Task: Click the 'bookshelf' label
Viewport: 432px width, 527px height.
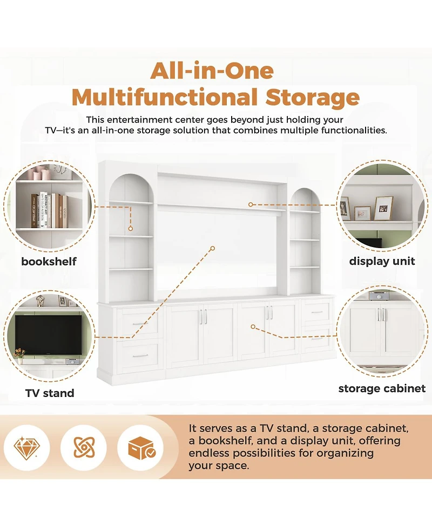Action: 49,262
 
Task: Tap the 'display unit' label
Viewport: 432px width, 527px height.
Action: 382,261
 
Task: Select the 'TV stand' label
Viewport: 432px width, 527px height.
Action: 50,393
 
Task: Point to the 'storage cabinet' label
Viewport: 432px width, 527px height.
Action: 382,388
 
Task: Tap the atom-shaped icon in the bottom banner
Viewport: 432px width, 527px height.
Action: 84,448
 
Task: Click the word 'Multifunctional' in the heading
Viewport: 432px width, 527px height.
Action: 165,98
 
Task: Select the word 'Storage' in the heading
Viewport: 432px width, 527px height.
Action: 313,98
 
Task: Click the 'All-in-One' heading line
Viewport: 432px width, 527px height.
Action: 212,71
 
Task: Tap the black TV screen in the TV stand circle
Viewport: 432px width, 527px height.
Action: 48,335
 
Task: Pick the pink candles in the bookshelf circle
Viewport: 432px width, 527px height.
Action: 39,173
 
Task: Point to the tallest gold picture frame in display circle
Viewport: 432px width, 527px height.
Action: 383,208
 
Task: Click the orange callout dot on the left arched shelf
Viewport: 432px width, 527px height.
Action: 131,229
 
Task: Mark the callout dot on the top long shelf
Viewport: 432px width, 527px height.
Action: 251,204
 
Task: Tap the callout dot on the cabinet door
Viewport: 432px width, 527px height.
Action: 253,327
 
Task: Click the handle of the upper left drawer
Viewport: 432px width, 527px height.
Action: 140,324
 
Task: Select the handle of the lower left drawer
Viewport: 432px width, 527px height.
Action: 140,355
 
